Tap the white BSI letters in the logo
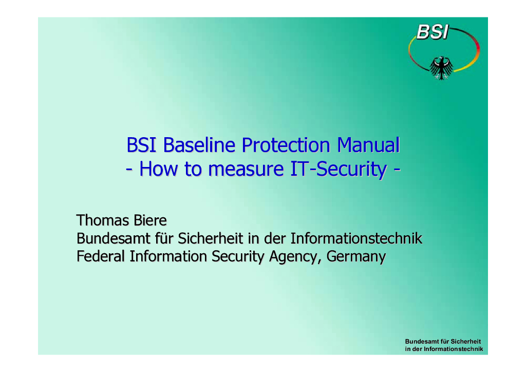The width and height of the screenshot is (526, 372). pyautogui.click(x=432, y=33)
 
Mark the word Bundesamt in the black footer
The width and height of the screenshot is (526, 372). pyautogui.click(x=421, y=341)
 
